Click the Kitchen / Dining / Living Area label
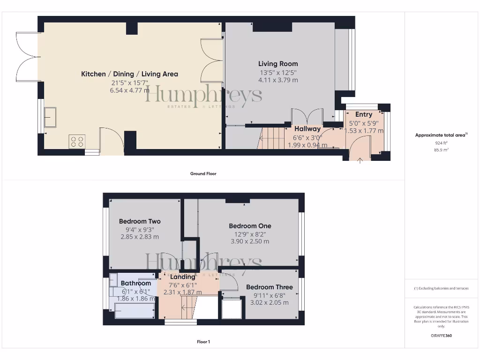pos(129,74)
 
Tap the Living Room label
pos(278,64)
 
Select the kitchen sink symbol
pos(50,117)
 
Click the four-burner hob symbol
pos(77,141)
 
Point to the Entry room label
pos(363,114)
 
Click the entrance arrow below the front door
pos(360,161)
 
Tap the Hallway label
pos(307,129)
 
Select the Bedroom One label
pos(250,226)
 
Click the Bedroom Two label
pos(140,221)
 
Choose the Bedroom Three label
pos(269,287)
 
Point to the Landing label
pos(183,277)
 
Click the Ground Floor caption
pos(203,173)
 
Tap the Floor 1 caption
pos(203,342)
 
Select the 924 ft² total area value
pos(441,142)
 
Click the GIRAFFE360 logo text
pos(441,336)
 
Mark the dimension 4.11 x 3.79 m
pos(278,80)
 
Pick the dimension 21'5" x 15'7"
pos(129,83)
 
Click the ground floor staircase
pos(272,138)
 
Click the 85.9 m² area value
pos(441,150)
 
